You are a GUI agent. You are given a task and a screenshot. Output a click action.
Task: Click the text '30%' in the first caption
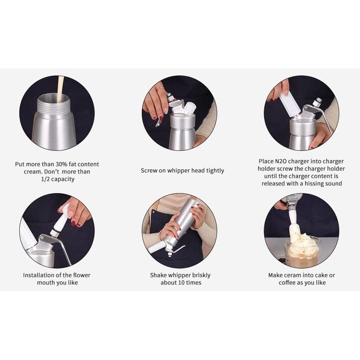62,164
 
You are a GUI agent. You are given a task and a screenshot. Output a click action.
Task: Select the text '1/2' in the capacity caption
45,179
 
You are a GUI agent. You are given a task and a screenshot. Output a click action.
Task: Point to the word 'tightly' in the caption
215,171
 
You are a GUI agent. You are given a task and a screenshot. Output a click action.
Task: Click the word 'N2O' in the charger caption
280,161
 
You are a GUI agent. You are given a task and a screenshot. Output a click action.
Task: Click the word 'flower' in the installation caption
81,275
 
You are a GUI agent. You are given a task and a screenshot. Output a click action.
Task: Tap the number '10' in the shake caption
181,283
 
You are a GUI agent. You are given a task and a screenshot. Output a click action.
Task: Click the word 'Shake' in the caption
158,275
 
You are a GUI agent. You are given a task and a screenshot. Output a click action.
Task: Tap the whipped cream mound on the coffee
302,241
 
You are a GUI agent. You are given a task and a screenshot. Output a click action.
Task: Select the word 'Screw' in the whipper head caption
148,171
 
